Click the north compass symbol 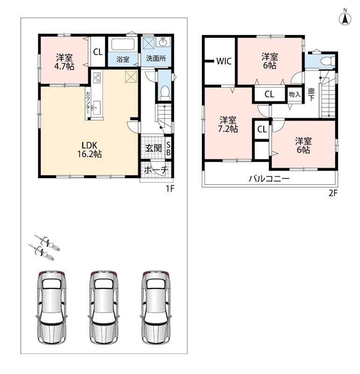click(345, 17)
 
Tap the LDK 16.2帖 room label click(89, 150)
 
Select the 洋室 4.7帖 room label click(65, 62)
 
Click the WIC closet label click(224, 61)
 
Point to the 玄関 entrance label click(154, 148)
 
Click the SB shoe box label click(168, 148)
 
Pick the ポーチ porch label click(156, 170)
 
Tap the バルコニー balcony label click(269, 178)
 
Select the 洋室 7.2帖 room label click(228, 124)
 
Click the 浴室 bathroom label click(123, 59)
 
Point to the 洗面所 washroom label click(156, 58)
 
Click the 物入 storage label click(295, 94)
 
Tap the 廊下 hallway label click(311, 94)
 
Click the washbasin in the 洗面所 click(164, 42)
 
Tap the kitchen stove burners click(97, 78)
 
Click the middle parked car click(104, 308)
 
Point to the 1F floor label click(170, 189)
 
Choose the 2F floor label click(333, 193)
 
